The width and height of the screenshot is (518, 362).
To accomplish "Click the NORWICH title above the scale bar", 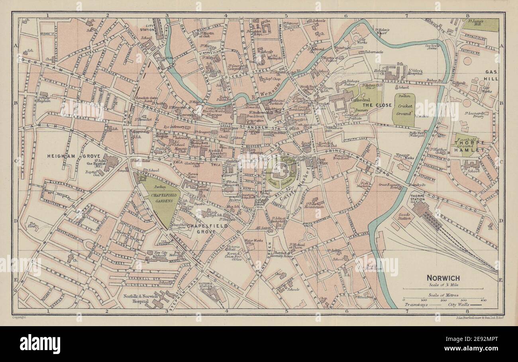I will pyautogui.click(x=443, y=278).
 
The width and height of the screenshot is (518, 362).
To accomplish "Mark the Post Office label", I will pyautogui.click(x=322, y=161).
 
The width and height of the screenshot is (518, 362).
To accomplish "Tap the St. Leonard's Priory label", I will pyautogui.click(x=477, y=115).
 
